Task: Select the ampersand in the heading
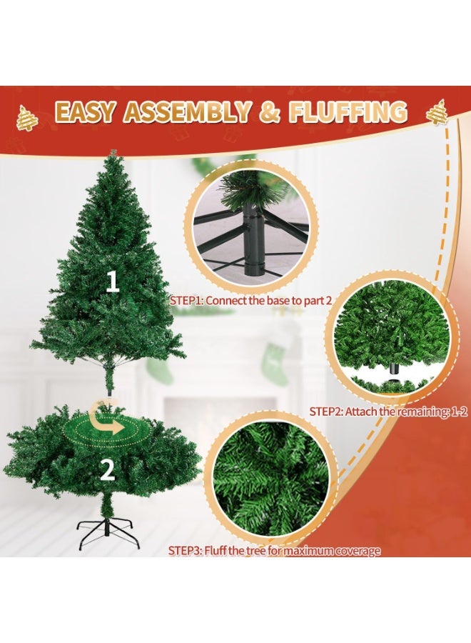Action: pos(270,113)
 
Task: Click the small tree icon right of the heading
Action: pos(436,112)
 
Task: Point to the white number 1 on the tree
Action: pos(112,282)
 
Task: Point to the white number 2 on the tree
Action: pos(107,469)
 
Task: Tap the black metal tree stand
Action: pos(107,531)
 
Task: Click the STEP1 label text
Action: pos(187,301)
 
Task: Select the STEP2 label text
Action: pos(327,412)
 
